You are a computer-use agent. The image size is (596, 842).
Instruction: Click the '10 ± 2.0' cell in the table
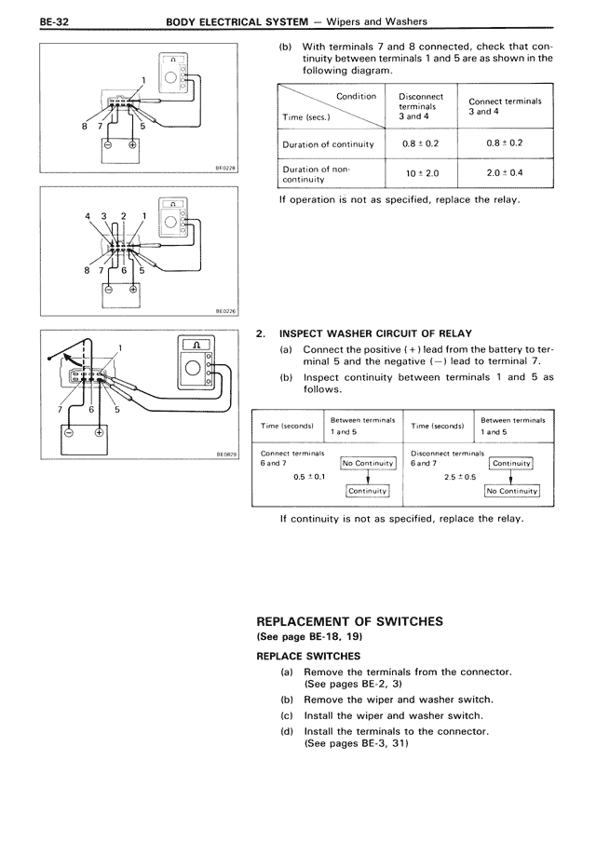[x=421, y=173]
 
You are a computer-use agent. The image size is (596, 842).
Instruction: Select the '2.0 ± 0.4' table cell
[x=505, y=173]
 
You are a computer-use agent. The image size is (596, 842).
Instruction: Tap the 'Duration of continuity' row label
[x=328, y=144]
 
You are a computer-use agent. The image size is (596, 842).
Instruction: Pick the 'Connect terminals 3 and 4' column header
[x=505, y=106]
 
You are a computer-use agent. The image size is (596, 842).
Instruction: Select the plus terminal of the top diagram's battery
[x=131, y=145]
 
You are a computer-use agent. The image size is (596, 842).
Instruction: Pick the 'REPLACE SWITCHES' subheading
[x=308, y=655]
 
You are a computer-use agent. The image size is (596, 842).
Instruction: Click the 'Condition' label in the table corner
[x=355, y=96]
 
